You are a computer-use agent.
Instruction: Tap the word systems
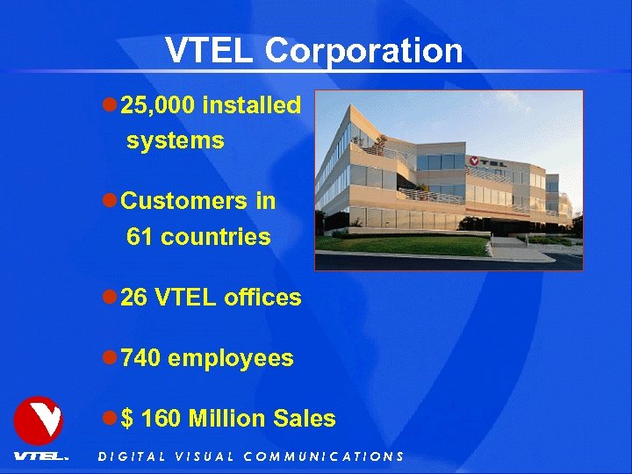[175, 140]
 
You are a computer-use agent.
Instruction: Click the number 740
[140, 358]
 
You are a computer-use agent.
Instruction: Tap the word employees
[230, 359]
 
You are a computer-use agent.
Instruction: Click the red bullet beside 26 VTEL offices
[110, 298]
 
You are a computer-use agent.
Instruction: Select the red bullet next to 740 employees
[110, 358]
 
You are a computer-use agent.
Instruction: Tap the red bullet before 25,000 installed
[110, 105]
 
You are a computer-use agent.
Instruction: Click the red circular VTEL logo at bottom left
[39, 420]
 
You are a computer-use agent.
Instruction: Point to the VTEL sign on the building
[487, 162]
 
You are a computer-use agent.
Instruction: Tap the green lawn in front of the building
[413, 245]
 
